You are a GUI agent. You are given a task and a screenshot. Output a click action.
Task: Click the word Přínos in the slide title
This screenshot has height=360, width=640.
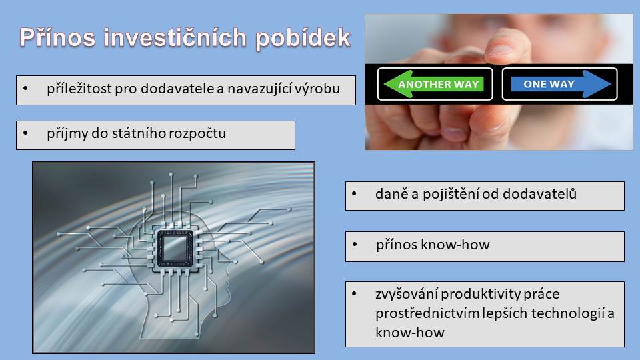coord(57,37)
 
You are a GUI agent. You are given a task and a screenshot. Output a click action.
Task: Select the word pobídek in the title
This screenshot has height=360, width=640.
coord(303,39)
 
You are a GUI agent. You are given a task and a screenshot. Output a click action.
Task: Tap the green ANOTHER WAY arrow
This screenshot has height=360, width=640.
coord(434,84)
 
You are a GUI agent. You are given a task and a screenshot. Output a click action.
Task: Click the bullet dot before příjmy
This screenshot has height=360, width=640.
coord(26,133)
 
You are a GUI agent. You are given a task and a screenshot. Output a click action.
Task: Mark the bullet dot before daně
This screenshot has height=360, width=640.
coord(354,194)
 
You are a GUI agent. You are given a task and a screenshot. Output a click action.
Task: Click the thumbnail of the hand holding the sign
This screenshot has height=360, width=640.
coord(499,82)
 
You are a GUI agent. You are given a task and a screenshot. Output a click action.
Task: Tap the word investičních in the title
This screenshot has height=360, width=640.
coord(175,37)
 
